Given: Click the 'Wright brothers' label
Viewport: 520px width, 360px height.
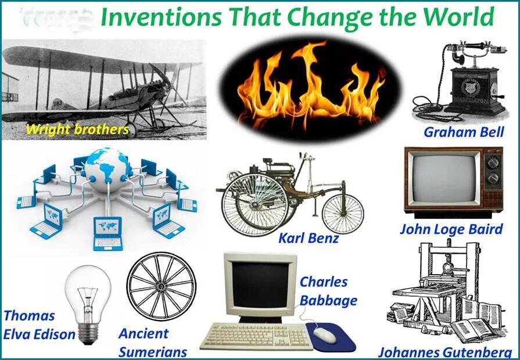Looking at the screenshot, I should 77,129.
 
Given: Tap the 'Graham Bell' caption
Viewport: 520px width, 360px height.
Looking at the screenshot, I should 463,132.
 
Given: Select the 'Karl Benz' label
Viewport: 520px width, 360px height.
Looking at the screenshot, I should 308,238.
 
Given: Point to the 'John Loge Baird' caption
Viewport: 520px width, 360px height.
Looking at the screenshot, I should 451,229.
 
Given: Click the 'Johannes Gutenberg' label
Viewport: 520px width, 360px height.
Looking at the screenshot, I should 445,352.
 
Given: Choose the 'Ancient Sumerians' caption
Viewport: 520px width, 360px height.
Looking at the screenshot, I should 153,343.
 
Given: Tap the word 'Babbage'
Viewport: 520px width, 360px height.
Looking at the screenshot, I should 328,301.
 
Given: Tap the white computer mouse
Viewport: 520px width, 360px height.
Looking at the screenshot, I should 325,334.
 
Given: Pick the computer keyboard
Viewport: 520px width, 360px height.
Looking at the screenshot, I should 256,336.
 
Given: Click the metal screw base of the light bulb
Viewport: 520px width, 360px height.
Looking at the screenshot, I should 88,332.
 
